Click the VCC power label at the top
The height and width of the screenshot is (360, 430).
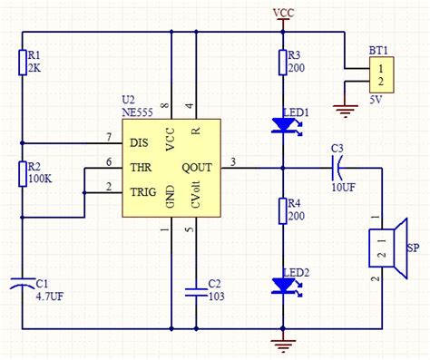tap(283, 13)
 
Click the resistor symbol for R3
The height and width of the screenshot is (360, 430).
tap(283, 62)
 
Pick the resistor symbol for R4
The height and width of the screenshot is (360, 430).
tap(283, 211)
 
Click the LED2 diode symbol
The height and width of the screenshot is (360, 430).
tap(283, 285)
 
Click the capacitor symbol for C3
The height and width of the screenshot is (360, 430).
tap(337, 166)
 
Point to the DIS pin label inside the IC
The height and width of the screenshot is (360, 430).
tap(140, 142)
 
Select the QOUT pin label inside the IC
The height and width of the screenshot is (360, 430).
tap(197, 166)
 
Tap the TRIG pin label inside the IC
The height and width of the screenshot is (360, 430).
tap(143, 191)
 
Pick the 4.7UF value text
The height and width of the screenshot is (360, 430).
tap(50, 296)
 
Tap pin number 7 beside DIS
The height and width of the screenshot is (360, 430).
tap(110, 137)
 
